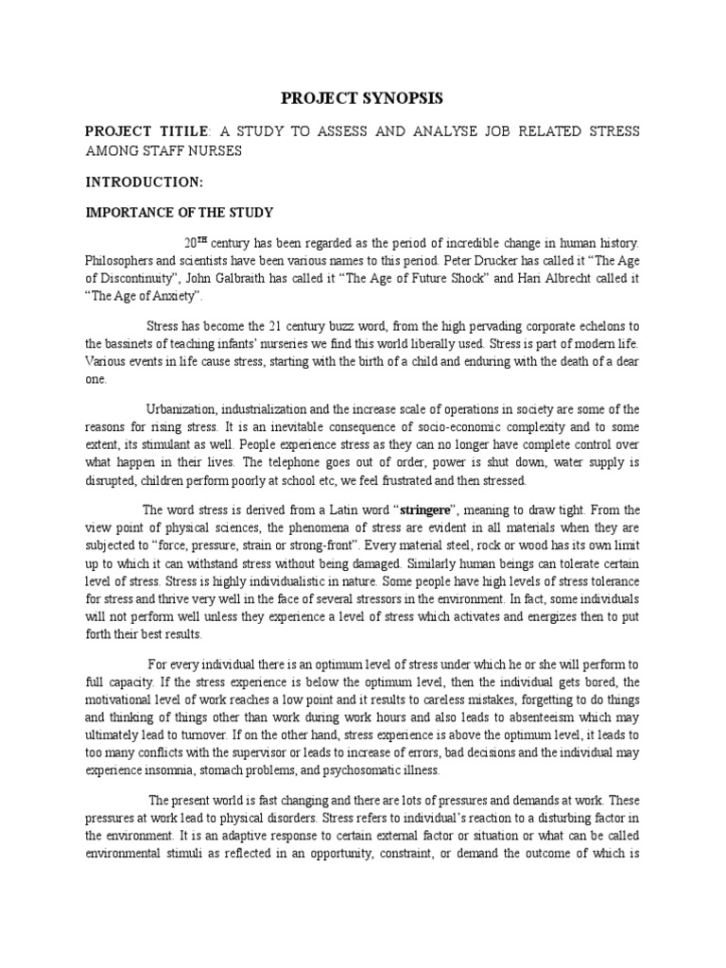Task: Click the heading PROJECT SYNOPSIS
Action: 363,98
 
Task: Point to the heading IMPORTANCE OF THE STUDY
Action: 180,212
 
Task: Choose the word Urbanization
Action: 181,408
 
